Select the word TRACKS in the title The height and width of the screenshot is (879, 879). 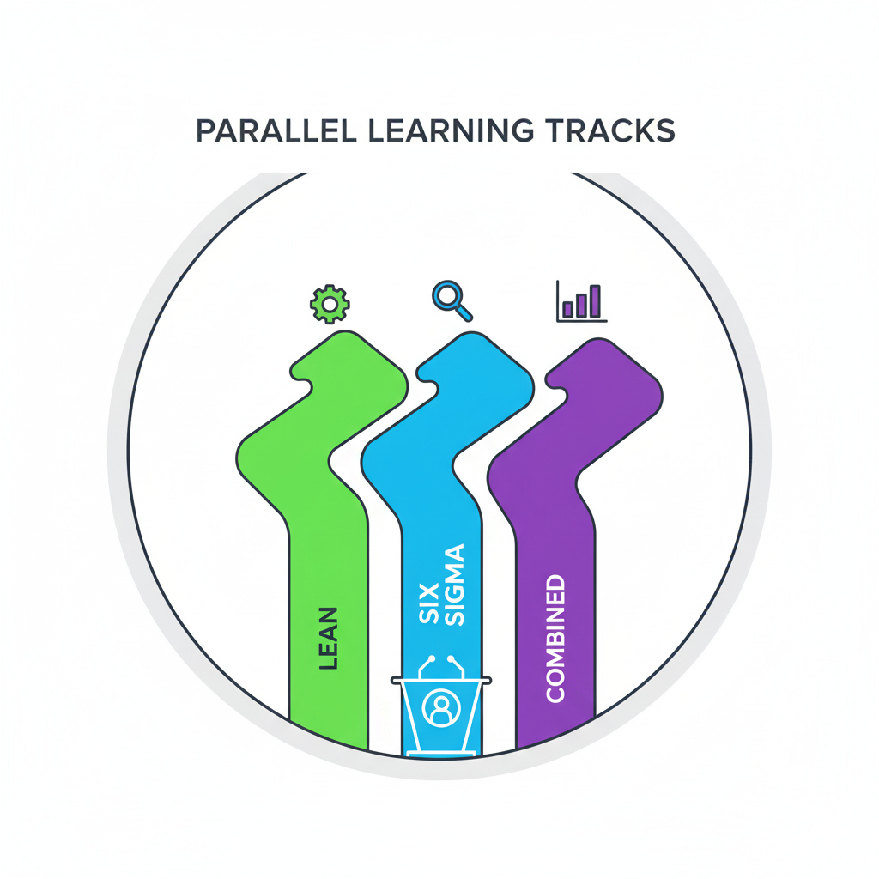[x=609, y=130]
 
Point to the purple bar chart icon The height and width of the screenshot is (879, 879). [x=581, y=301]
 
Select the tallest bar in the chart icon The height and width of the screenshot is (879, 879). [x=595, y=300]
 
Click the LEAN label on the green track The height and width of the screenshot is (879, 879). [x=327, y=639]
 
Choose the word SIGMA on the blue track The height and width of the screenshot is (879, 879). [x=455, y=584]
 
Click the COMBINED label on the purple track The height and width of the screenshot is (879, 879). [x=555, y=639]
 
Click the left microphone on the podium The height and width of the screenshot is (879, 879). [x=430, y=661]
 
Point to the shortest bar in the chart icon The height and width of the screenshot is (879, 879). [x=567, y=308]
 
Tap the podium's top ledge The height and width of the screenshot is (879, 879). [x=441, y=682]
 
